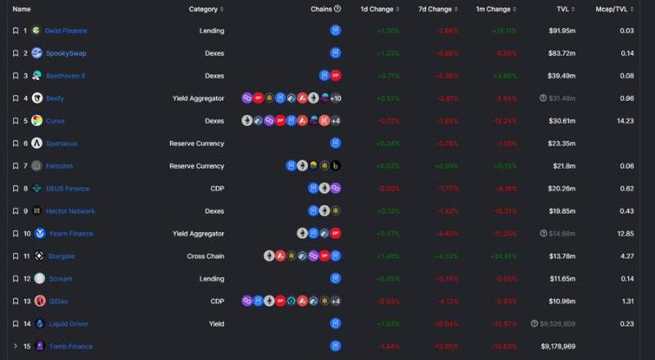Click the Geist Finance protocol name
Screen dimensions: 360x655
65,30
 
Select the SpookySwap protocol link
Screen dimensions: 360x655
65,53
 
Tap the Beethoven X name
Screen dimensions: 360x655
65,75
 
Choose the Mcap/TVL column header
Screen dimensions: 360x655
617,9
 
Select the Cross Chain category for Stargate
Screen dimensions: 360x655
206,256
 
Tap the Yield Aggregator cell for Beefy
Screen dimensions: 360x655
198,98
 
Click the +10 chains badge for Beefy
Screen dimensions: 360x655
336,98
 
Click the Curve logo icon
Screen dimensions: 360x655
37,120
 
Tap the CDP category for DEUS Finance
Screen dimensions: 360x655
217,188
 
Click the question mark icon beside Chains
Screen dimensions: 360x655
338,9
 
